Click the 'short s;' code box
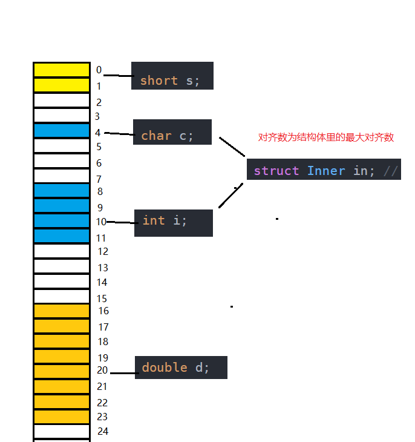(172, 76)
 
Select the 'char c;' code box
(172, 132)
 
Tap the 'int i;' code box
(173, 223)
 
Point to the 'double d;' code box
(181, 368)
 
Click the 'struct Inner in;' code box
(323, 170)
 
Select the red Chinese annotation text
(325, 137)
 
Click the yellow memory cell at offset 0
(62, 70)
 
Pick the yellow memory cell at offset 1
(62, 85)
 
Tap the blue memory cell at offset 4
(62, 130)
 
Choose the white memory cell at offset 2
(62, 100)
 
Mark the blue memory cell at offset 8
(62, 191)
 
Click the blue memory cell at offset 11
(62, 236)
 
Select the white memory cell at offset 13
(62, 266)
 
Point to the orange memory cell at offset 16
(62, 311)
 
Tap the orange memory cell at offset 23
(62, 417)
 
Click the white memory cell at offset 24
(62, 432)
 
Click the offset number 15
(102, 298)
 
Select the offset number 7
(99, 179)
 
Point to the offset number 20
(102, 370)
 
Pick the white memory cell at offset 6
(62, 160)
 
